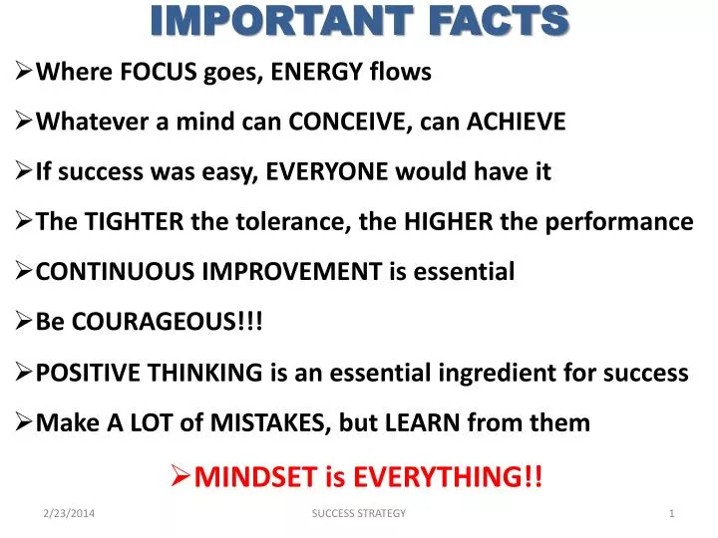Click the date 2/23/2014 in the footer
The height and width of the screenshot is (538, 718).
point(77,512)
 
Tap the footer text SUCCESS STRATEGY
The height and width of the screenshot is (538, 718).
point(359,512)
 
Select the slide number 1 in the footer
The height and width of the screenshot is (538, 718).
point(672,512)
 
